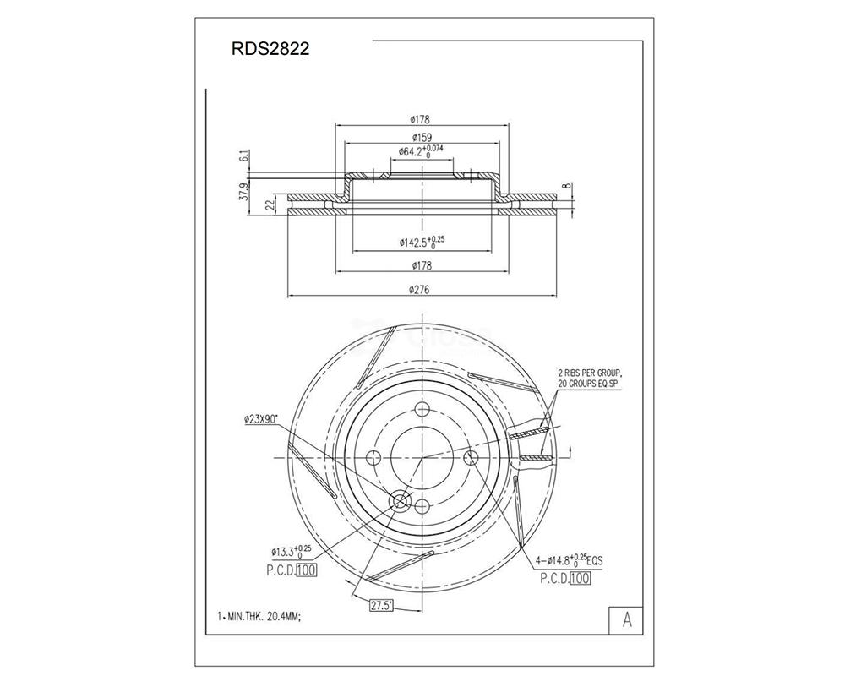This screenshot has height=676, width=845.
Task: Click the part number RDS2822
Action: [270, 49]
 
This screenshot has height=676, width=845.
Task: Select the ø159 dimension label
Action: [422, 137]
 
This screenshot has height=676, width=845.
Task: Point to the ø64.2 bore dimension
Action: [421, 152]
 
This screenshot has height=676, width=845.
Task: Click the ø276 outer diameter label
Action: [422, 290]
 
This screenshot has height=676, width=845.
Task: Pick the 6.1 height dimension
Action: [244, 156]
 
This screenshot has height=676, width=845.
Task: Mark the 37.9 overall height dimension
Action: [244, 193]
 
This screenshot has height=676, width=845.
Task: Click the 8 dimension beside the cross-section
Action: [564, 188]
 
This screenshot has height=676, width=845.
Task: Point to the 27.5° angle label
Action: [386, 605]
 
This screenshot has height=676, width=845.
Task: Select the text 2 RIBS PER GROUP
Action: [589, 372]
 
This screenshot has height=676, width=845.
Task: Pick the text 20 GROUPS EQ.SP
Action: [589, 384]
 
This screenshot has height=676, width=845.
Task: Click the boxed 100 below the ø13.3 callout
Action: [306, 571]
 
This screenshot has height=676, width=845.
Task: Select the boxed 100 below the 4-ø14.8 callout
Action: [580, 579]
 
